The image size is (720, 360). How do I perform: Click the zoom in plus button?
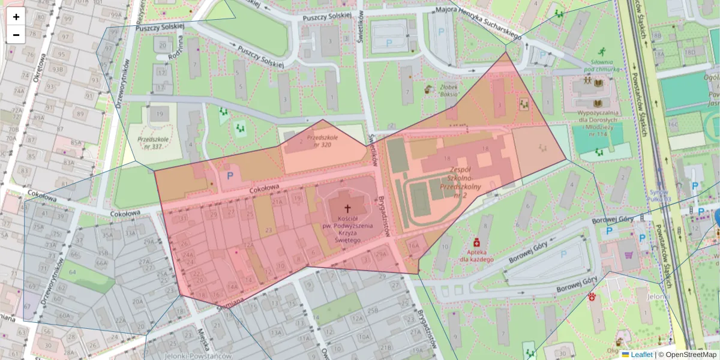(x=16, y=17)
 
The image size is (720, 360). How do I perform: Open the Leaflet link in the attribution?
(x=641, y=355)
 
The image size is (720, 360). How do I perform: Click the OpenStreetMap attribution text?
(x=690, y=355)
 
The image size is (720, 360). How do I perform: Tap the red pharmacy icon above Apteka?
(x=476, y=242)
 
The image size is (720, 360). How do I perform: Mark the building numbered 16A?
(x=413, y=245)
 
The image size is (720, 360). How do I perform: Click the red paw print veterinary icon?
(x=592, y=296)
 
